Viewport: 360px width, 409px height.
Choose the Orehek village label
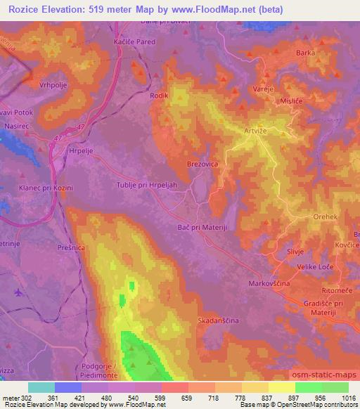pos(327,217)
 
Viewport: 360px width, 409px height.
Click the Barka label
pos(305,53)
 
